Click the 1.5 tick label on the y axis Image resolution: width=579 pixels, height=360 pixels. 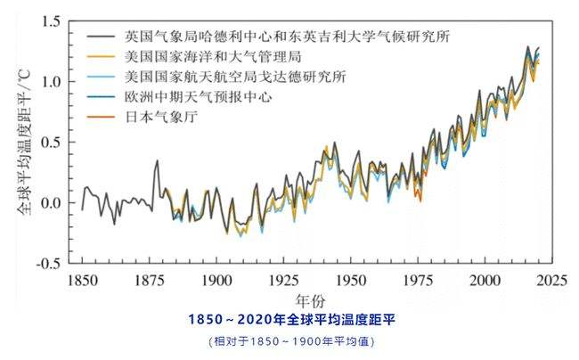[50, 20]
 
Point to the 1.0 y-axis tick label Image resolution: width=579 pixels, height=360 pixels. [50, 81]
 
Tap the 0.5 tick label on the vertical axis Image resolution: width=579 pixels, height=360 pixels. [50, 143]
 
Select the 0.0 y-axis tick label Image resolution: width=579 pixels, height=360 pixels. [50, 203]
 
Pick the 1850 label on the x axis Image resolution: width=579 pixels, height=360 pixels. [82, 281]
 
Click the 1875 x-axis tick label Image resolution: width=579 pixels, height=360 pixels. [150, 281]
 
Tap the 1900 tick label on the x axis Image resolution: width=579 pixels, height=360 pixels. [217, 281]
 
